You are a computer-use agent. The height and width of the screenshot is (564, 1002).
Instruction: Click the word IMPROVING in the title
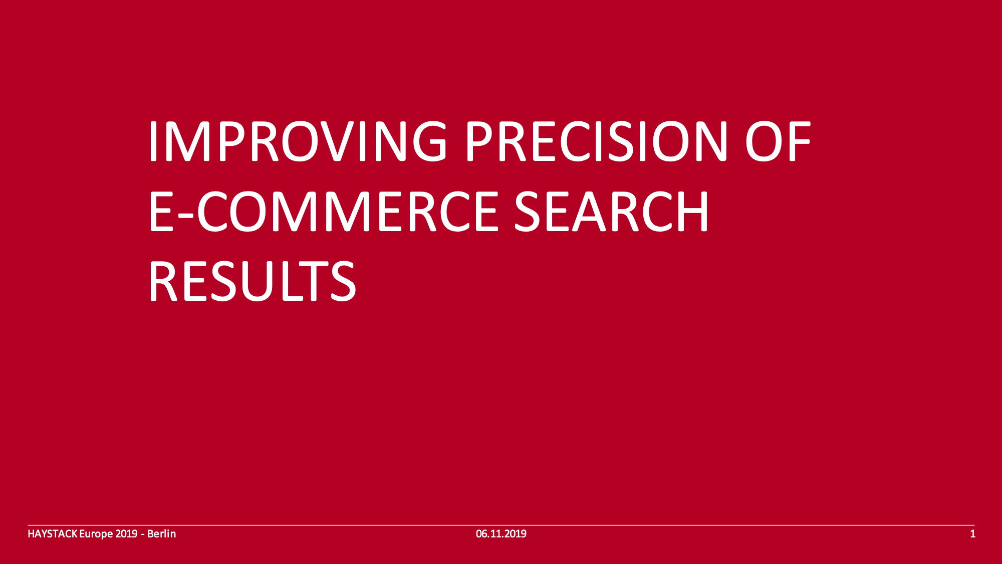(x=298, y=141)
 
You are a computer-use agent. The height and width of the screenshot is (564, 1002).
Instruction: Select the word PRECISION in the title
(x=597, y=141)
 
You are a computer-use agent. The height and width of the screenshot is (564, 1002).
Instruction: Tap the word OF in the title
(x=778, y=141)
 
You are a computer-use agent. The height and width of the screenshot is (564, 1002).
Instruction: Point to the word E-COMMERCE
(x=324, y=212)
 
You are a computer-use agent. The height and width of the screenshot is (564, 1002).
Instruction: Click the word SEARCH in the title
(x=612, y=212)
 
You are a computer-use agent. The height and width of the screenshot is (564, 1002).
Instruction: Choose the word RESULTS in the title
(x=253, y=281)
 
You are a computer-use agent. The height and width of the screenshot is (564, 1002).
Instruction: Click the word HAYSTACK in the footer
(x=52, y=534)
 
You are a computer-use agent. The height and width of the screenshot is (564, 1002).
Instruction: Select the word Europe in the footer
(x=96, y=534)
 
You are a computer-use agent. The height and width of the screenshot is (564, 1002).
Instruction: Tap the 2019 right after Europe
(x=126, y=534)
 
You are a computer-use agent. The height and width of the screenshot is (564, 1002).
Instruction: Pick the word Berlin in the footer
(x=161, y=534)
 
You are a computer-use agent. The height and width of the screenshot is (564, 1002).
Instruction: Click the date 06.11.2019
(x=501, y=534)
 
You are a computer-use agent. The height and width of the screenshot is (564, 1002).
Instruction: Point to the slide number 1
(x=973, y=534)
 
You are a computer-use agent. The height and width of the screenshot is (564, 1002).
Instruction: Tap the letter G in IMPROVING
(x=427, y=141)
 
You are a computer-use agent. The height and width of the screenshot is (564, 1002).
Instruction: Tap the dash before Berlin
(x=143, y=535)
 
